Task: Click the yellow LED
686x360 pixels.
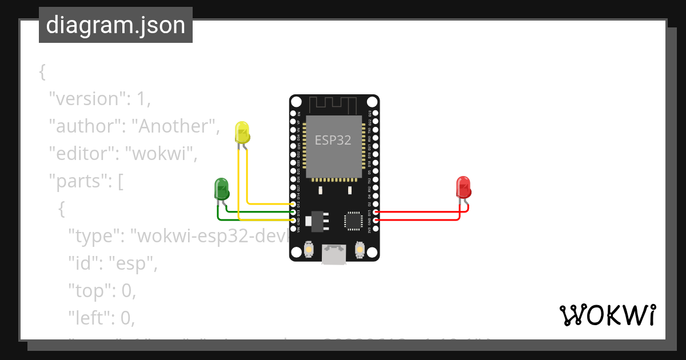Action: click(242, 133)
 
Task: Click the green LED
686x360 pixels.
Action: click(221, 189)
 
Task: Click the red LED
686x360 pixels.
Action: click(463, 187)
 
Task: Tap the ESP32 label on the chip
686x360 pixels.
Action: click(333, 140)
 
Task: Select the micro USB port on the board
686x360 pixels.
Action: click(333, 253)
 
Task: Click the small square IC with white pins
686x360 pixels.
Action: click(353, 221)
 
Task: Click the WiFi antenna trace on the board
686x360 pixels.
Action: click(334, 105)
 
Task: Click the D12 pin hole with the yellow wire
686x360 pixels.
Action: click(293, 204)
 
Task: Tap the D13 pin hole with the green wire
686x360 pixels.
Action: click(293, 212)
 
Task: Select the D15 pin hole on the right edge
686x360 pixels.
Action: click(375, 212)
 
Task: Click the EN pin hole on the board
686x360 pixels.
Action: click(293, 114)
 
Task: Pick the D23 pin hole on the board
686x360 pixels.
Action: click(375, 114)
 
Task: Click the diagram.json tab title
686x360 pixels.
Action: click(115, 26)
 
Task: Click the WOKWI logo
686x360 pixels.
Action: click(607, 315)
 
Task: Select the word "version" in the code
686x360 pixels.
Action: click(86, 99)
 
